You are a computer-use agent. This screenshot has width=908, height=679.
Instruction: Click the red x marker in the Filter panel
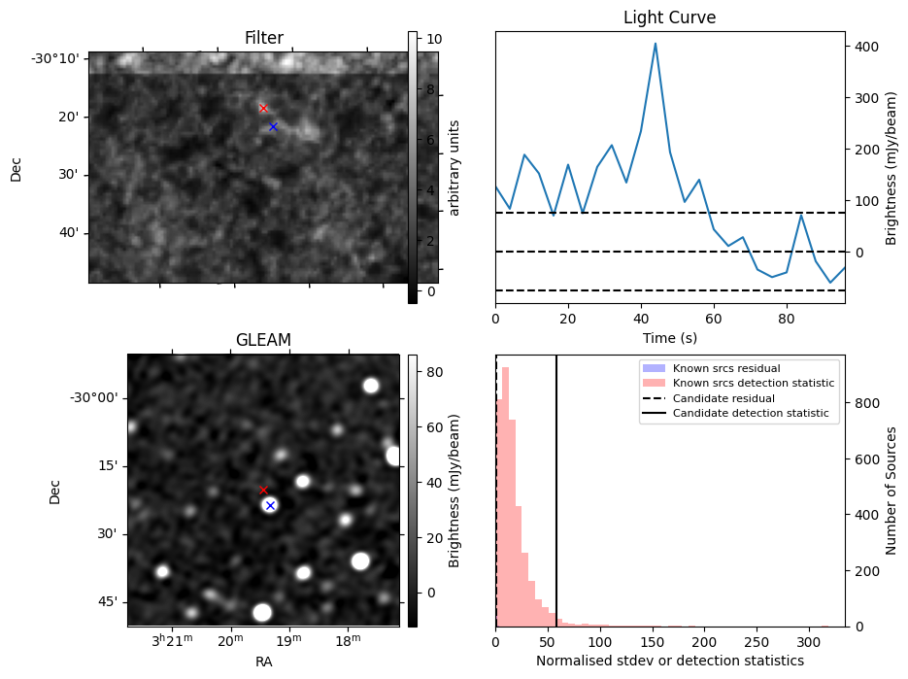click(x=263, y=108)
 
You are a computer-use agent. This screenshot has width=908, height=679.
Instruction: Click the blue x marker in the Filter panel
click(x=273, y=126)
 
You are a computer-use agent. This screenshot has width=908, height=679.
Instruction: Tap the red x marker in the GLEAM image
click(x=263, y=491)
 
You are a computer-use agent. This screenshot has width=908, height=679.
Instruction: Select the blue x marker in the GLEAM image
click(x=270, y=505)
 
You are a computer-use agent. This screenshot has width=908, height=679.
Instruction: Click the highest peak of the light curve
click(x=656, y=43)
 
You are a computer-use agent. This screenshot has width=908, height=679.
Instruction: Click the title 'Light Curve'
click(x=669, y=17)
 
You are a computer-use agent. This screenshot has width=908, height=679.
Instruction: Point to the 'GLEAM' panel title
click(x=263, y=340)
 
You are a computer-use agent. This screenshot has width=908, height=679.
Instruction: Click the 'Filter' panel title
click(x=263, y=38)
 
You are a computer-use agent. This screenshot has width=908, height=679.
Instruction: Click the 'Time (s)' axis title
click(x=669, y=338)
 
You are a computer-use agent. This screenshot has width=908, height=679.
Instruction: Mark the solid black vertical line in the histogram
click(x=556, y=486)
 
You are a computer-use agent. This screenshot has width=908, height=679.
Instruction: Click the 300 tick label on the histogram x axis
click(x=809, y=642)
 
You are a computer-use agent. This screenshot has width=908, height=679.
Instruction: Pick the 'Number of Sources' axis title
click(x=891, y=491)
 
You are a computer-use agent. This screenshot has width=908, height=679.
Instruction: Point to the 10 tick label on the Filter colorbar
click(x=434, y=39)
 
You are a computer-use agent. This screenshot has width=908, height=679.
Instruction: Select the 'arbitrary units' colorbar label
click(x=454, y=167)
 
